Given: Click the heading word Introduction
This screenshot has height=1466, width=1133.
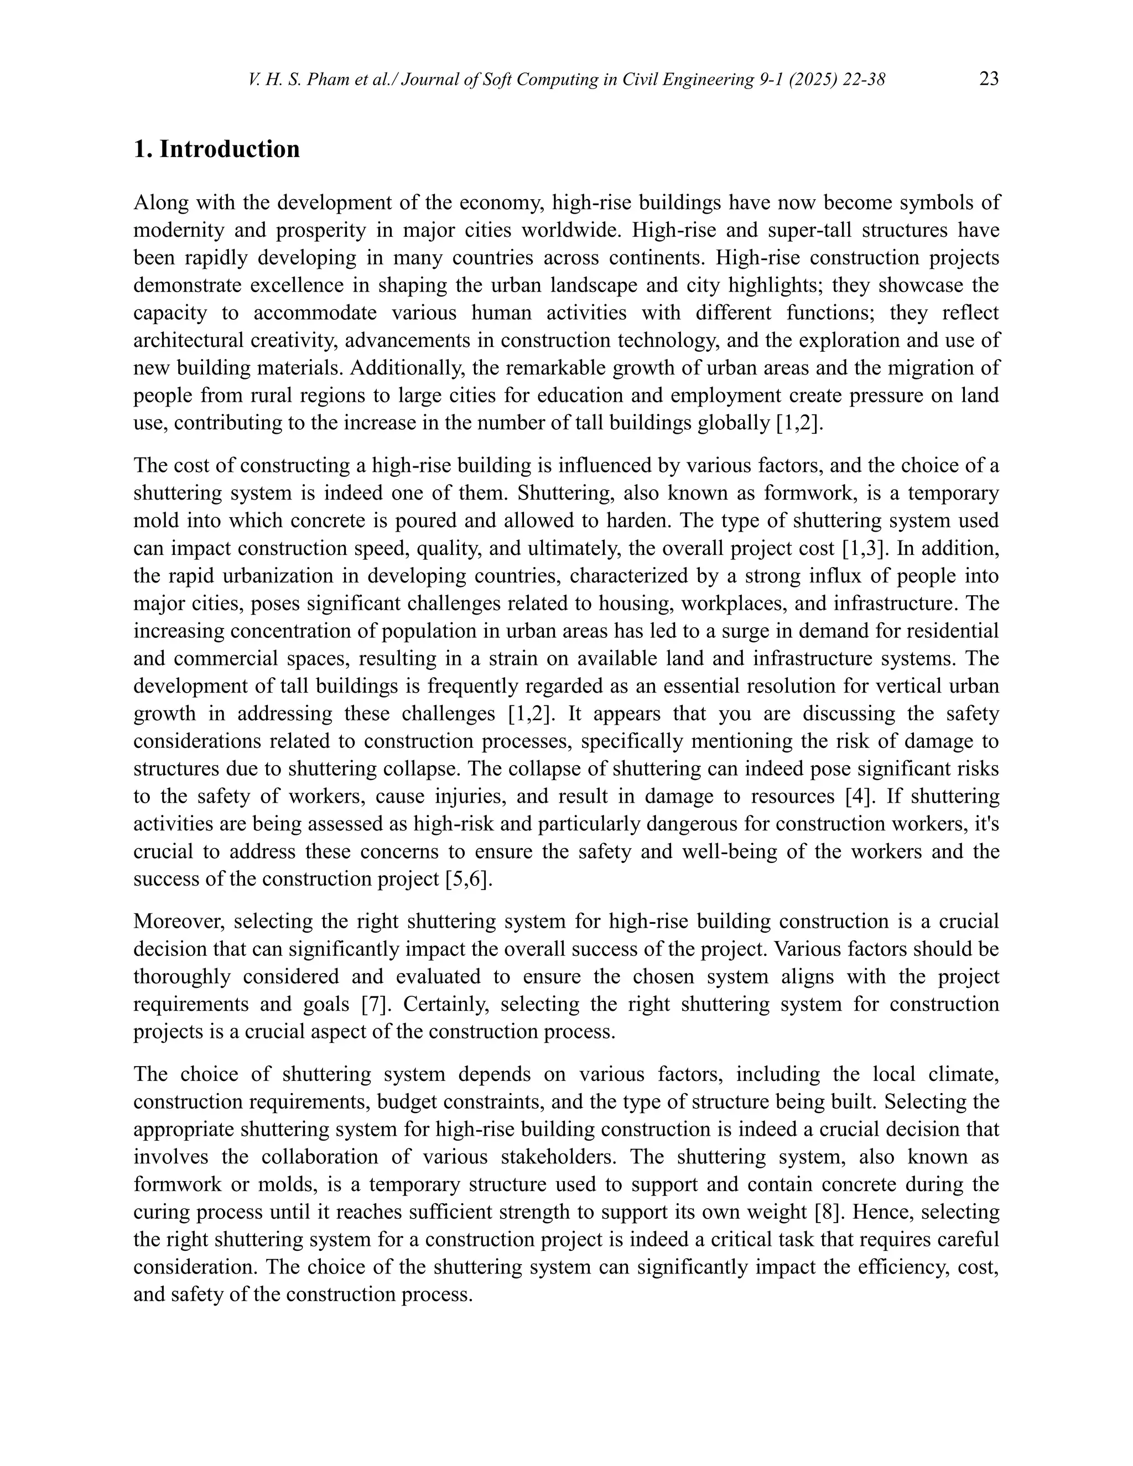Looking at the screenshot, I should coord(230,149).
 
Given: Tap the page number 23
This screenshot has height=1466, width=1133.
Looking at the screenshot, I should coord(989,79).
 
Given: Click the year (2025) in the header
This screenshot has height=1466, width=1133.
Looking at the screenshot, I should coord(813,80).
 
